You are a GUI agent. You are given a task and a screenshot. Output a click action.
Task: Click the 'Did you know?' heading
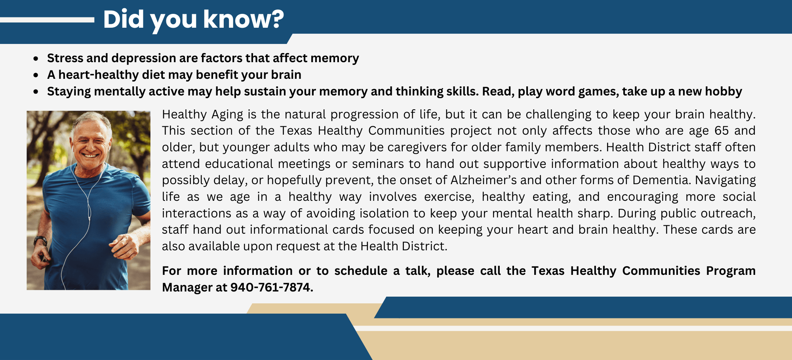point(193,20)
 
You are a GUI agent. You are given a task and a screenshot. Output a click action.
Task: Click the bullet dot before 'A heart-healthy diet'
point(36,75)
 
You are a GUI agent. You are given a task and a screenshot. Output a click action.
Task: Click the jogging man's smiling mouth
point(90,155)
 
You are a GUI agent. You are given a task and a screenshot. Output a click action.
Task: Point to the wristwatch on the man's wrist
point(40,240)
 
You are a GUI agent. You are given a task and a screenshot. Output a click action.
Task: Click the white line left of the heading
point(47,20)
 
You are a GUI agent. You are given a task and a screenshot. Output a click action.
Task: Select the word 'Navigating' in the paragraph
point(725,181)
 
